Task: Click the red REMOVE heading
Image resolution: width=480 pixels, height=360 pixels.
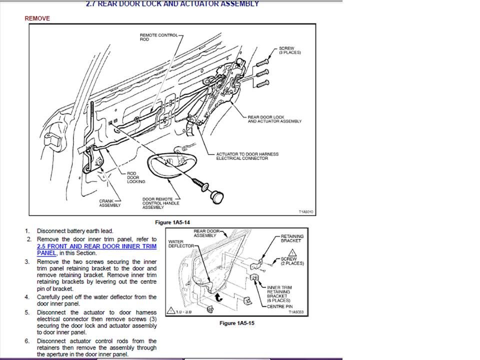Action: [x=37, y=18]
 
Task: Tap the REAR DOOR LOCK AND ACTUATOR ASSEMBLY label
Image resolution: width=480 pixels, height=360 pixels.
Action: [x=274, y=119]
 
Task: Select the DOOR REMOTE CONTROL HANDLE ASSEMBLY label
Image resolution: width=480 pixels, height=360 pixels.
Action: [x=160, y=203]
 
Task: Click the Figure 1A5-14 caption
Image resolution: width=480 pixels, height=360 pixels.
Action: [x=173, y=221]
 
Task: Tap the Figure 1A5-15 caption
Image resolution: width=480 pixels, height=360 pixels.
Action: [x=237, y=323]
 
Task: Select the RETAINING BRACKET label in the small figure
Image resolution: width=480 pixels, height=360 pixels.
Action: [x=291, y=238]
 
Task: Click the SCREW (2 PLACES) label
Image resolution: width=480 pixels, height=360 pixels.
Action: [x=292, y=261]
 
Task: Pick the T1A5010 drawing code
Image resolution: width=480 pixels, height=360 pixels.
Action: [x=305, y=211]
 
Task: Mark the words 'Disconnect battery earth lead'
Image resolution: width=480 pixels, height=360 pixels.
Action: [x=75, y=231]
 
